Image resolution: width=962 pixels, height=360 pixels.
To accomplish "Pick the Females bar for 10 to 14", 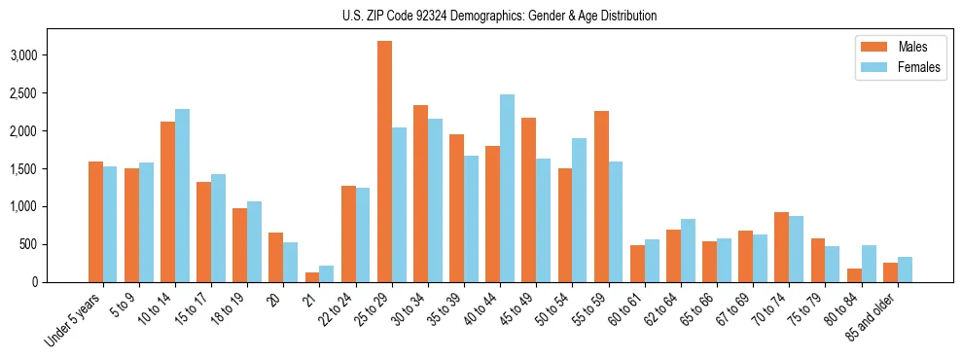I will click(x=183, y=196).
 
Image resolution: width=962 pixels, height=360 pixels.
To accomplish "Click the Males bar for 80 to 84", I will click(x=854, y=275).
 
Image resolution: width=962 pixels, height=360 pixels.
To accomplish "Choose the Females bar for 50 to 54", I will click(x=580, y=210).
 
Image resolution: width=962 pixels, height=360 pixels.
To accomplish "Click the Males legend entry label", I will click(x=912, y=47).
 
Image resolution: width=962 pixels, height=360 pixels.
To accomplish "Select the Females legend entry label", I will click(x=919, y=67).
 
